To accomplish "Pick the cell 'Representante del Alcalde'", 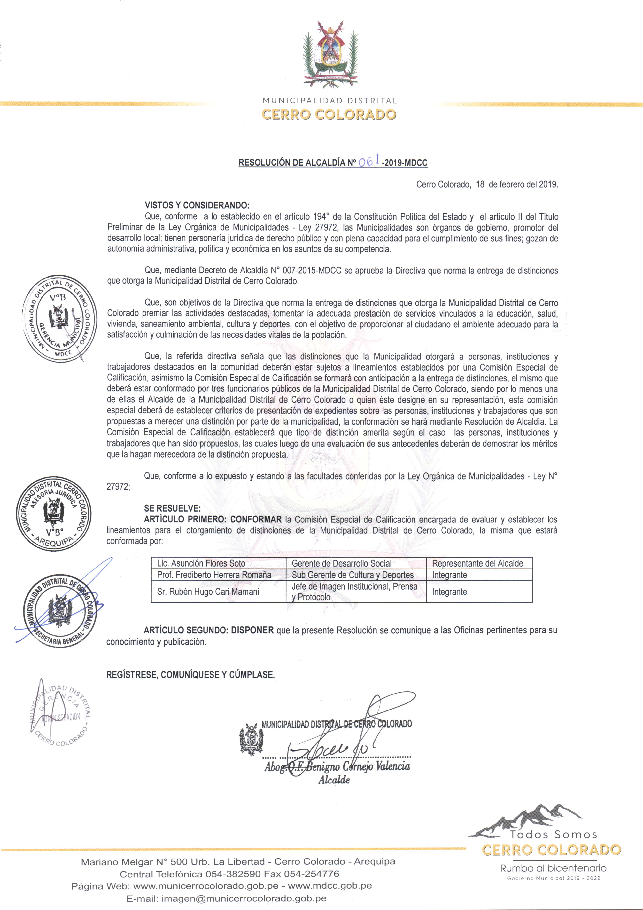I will [477, 563].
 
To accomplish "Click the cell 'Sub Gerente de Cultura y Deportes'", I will [353, 575].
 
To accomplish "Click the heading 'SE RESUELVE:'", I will [172, 508].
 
